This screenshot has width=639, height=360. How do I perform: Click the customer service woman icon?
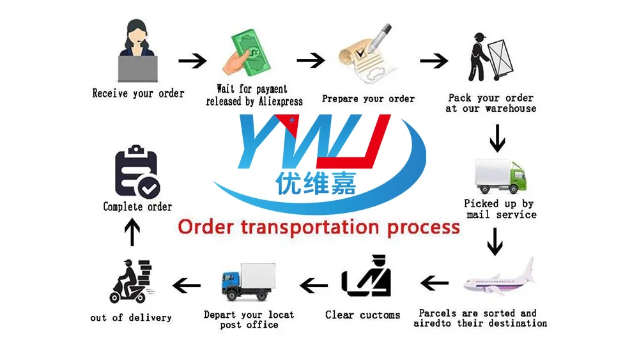[x=137, y=51]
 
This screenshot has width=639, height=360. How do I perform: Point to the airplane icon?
[x=499, y=279]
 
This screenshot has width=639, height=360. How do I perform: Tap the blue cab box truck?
[x=249, y=282]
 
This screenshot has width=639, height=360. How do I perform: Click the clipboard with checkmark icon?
[x=137, y=172]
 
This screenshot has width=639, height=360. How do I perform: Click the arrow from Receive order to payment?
[x=192, y=61]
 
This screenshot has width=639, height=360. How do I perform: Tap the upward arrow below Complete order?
[x=132, y=232]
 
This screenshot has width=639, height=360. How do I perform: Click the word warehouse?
[x=511, y=109]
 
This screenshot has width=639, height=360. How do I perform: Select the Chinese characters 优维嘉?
[x=316, y=184]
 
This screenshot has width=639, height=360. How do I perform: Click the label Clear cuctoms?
[x=362, y=315]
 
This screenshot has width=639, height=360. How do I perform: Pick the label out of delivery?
[x=131, y=317]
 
